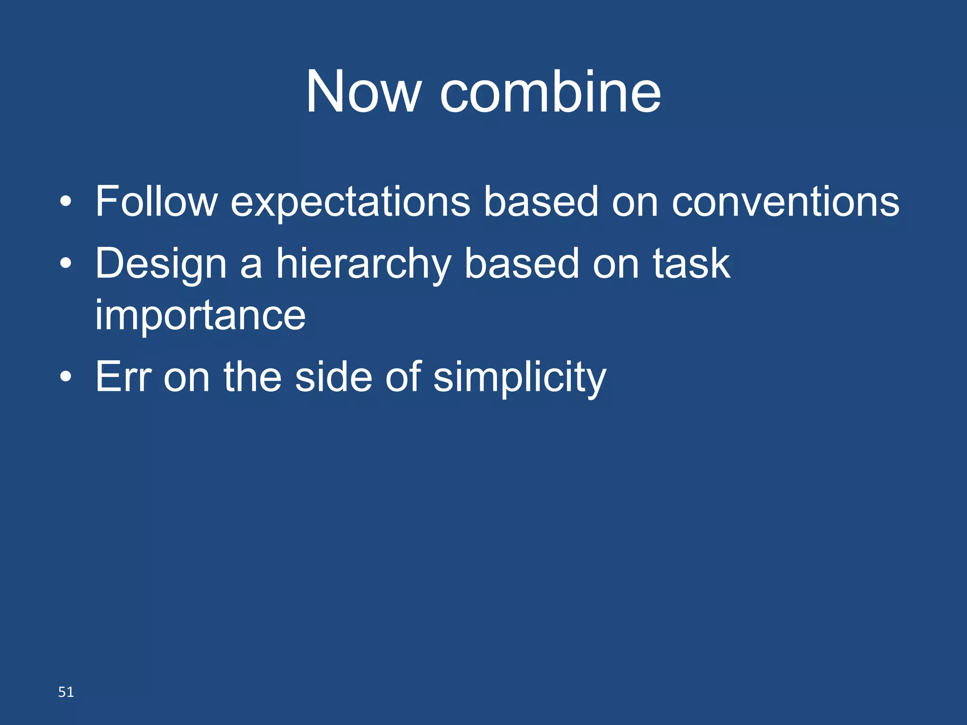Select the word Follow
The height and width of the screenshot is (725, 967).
156,202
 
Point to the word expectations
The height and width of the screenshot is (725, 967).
350,203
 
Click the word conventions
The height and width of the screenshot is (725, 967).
785,202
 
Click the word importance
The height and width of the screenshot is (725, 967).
200,316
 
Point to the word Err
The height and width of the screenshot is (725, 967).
123,377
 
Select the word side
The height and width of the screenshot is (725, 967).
333,377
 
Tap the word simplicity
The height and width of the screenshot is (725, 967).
519,378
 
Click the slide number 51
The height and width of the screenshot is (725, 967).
66,692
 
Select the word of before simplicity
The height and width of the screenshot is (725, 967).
403,377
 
